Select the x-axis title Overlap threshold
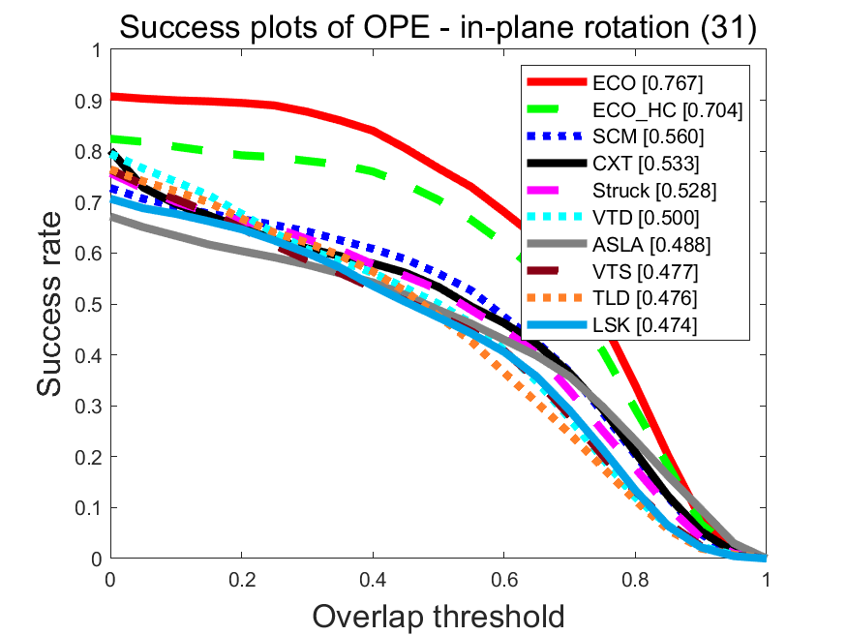tap(438, 616)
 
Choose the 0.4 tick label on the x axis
tap(373, 581)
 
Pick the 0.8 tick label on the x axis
tap(635, 581)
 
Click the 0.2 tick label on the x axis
tap(242, 581)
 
